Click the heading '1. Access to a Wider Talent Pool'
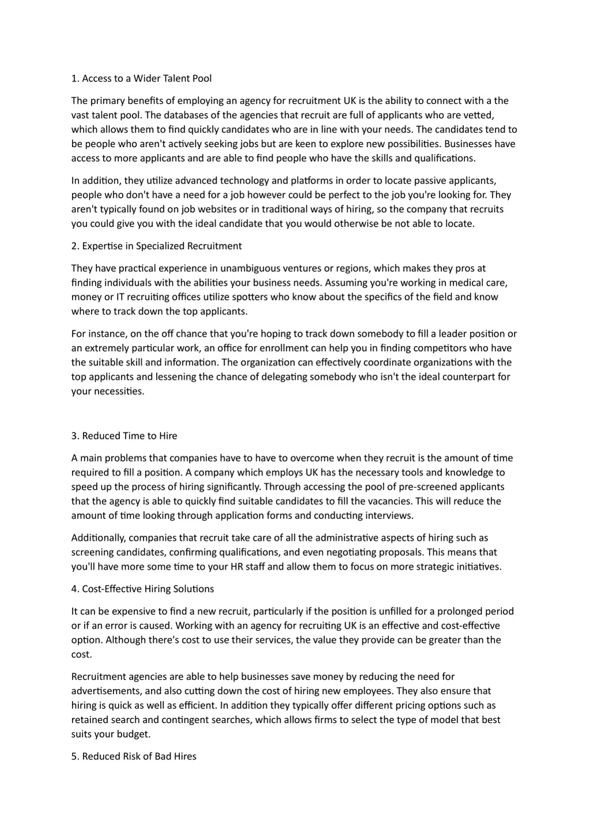click(x=141, y=78)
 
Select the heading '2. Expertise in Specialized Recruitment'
click(x=156, y=246)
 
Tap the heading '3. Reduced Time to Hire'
click(x=124, y=436)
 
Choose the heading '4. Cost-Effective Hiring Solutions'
click(x=142, y=589)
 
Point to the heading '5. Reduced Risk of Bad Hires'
click(x=134, y=757)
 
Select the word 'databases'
click(x=171, y=115)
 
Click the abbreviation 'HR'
click(x=237, y=567)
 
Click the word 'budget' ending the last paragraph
click(x=133, y=734)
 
